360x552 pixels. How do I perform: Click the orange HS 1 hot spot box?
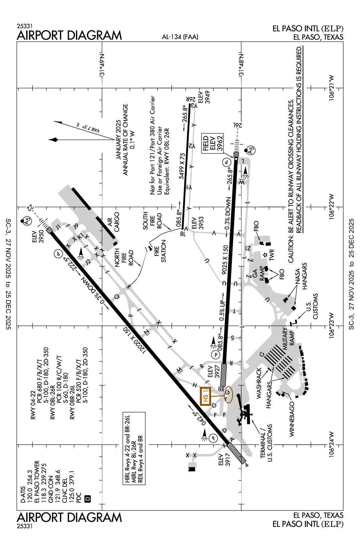click(x=205, y=396)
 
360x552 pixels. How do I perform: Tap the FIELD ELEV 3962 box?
click(x=212, y=143)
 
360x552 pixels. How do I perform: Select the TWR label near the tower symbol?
click(x=271, y=255)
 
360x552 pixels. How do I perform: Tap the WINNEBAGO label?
click(x=292, y=420)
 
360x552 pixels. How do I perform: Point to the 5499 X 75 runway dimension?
click(x=182, y=166)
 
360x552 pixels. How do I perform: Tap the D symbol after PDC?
click(x=88, y=498)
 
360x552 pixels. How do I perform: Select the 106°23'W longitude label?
click(x=332, y=326)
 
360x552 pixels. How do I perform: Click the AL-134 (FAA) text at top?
click(x=180, y=37)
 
